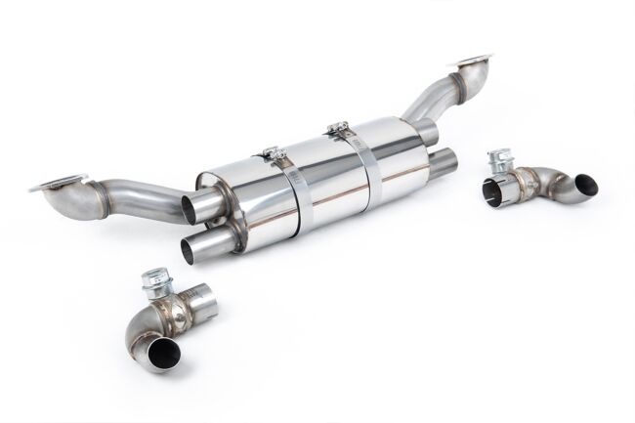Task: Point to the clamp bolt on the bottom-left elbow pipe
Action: (153, 284)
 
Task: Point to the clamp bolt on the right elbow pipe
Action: (499, 159)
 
